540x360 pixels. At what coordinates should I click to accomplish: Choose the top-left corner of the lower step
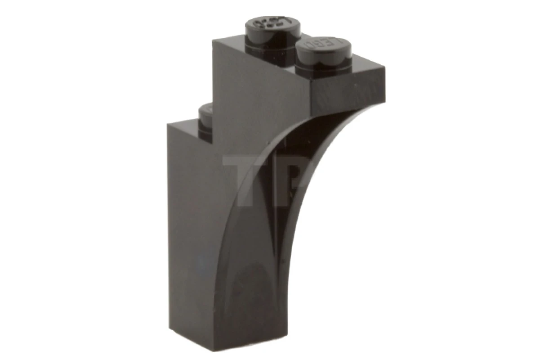167,124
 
